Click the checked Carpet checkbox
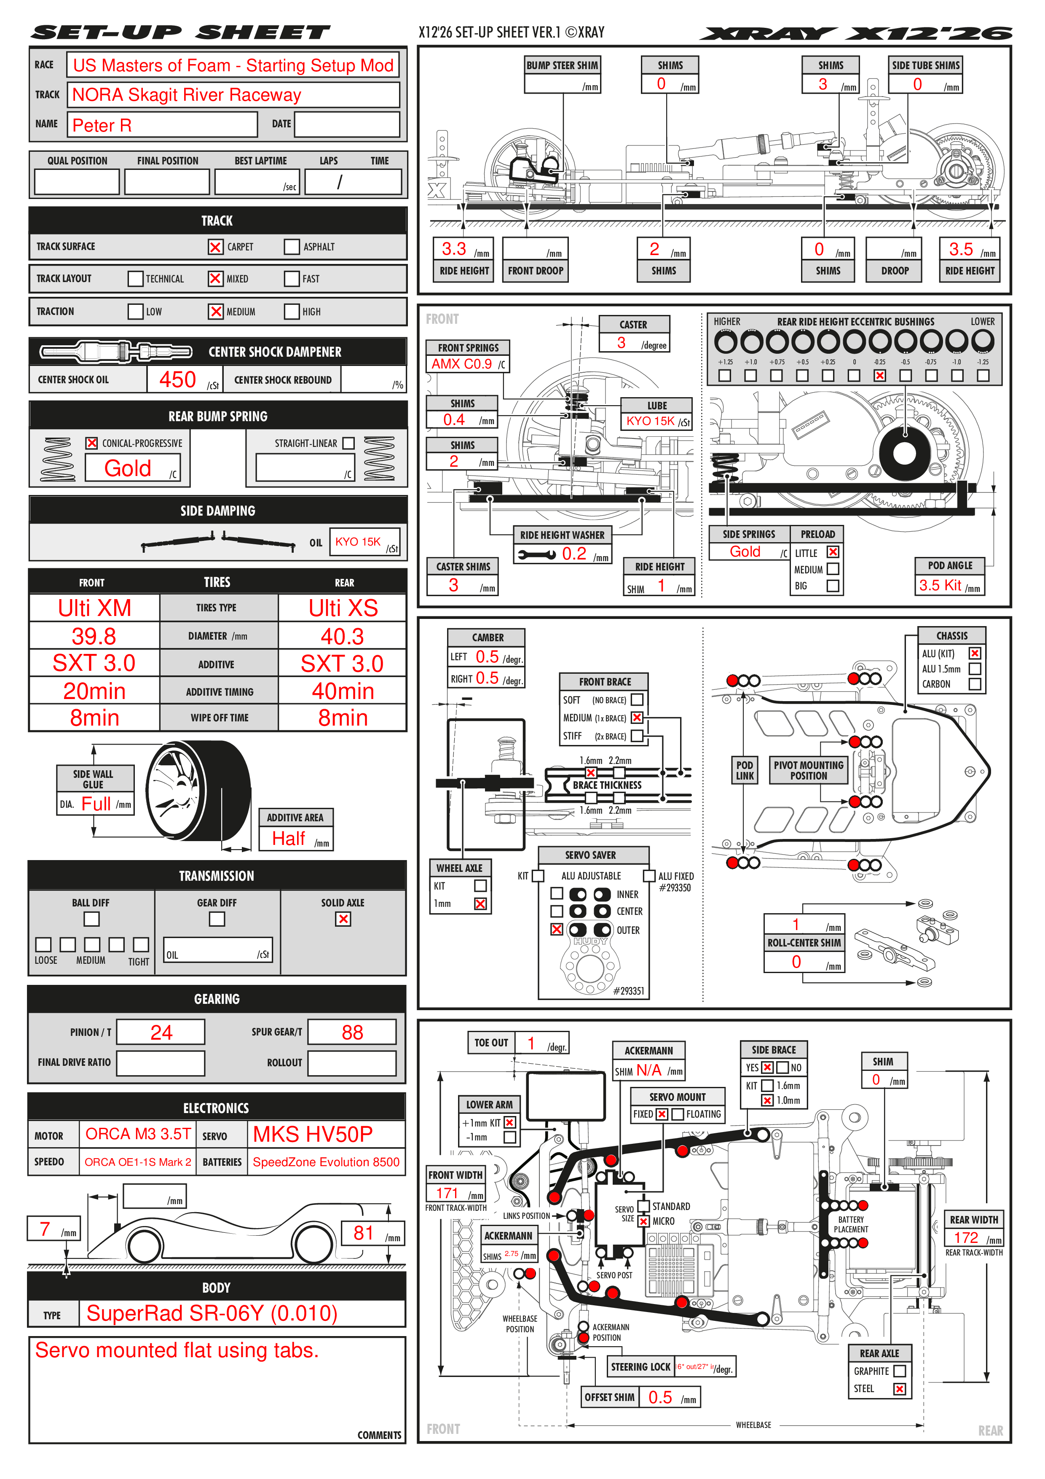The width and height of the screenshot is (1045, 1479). (215, 247)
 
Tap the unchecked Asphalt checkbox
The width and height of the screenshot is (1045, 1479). (292, 247)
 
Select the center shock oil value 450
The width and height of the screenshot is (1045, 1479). (178, 379)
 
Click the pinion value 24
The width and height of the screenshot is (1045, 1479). (161, 1033)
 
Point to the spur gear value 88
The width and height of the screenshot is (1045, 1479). (352, 1033)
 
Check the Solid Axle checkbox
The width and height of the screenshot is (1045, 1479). (343, 919)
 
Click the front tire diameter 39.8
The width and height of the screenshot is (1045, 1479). (94, 637)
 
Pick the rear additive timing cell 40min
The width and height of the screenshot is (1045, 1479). (343, 691)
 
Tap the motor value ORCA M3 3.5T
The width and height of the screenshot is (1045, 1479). (138, 1135)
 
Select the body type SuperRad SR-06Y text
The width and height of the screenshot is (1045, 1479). (212, 1313)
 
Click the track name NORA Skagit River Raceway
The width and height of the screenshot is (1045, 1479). (187, 95)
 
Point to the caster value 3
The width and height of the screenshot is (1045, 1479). (622, 343)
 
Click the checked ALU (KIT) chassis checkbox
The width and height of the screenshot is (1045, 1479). (975, 653)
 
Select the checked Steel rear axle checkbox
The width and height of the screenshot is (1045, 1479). (900, 1389)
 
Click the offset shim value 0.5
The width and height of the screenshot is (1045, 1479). (660, 1397)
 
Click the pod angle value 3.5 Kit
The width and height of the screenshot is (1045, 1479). (940, 586)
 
